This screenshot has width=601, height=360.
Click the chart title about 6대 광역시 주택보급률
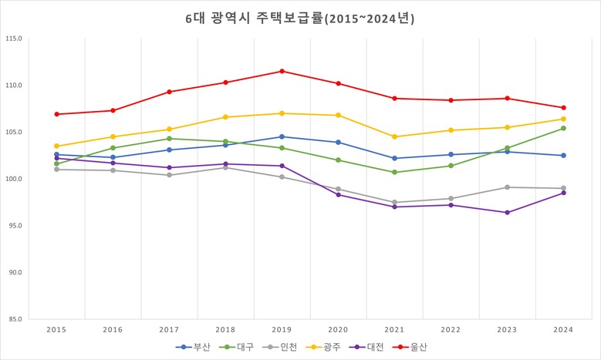pyautogui.click(x=300, y=19)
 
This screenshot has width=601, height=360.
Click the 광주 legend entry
pyautogui.click(x=326, y=347)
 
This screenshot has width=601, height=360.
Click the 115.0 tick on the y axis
pyautogui.click(x=13, y=39)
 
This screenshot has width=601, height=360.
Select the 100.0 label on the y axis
pyautogui.click(x=13, y=179)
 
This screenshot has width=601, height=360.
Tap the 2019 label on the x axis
pyautogui.click(x=282, y=329)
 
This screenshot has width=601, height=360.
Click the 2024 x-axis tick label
pyautogui.click(x=563, y=329)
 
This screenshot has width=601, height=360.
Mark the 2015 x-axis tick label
pyautogui.click(x=56, y=329)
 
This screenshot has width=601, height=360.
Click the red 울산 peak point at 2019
pyautogui.click(x=282, y=71)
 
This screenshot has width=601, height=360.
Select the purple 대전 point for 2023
pyautogui.click(x=507, y=212)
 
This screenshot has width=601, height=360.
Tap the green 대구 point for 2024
pyautogui.click(x=563, y=128)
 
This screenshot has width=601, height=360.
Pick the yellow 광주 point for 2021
pyautogui.click(x=394, y=136)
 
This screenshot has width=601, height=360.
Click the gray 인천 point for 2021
pyautogui.click(x=394, y=202)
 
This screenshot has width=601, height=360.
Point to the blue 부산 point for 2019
pyautogui.click(x=282, y=136)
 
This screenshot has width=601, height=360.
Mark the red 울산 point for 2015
pyautogui.click(x=56, y=114)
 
